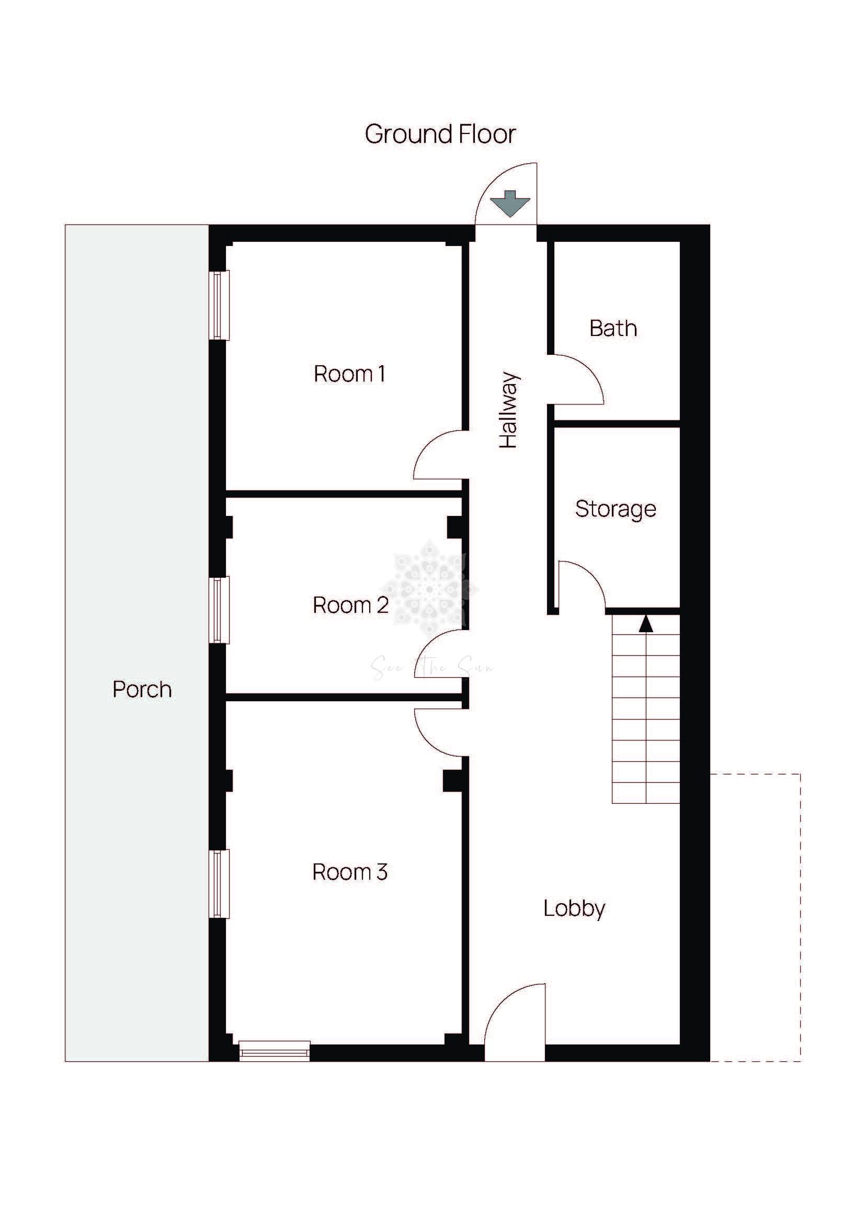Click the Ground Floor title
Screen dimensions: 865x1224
[440, 134]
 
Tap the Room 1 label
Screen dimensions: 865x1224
[349, 374]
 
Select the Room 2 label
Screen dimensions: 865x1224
[350, 605]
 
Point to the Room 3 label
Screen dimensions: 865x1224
[350, 872]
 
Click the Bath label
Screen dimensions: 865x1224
[613, 329]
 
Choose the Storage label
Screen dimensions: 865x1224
[616, 509]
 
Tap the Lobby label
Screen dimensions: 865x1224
[574, 908]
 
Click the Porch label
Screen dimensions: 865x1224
[142, 690]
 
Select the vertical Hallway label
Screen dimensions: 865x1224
[508, 410]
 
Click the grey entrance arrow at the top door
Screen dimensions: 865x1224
[510, 204]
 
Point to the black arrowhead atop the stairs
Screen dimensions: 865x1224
[645, 623]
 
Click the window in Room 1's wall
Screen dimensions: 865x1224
[219, 305]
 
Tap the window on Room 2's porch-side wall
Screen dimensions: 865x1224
[219, 610]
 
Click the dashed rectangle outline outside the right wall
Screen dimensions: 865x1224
[801, 917]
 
